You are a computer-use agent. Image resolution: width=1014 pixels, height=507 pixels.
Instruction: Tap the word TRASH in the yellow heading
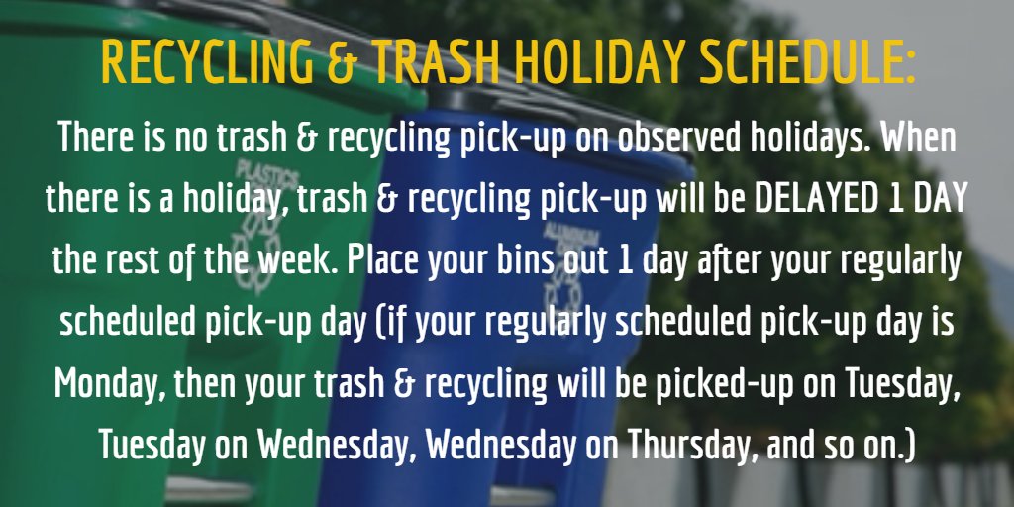point(435,62)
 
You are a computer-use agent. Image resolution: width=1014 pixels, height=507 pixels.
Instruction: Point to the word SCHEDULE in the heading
point(800,62)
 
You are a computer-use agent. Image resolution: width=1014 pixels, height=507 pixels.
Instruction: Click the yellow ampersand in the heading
point(341,62)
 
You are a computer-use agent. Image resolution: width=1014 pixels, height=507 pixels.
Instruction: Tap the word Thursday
point(691,444)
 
